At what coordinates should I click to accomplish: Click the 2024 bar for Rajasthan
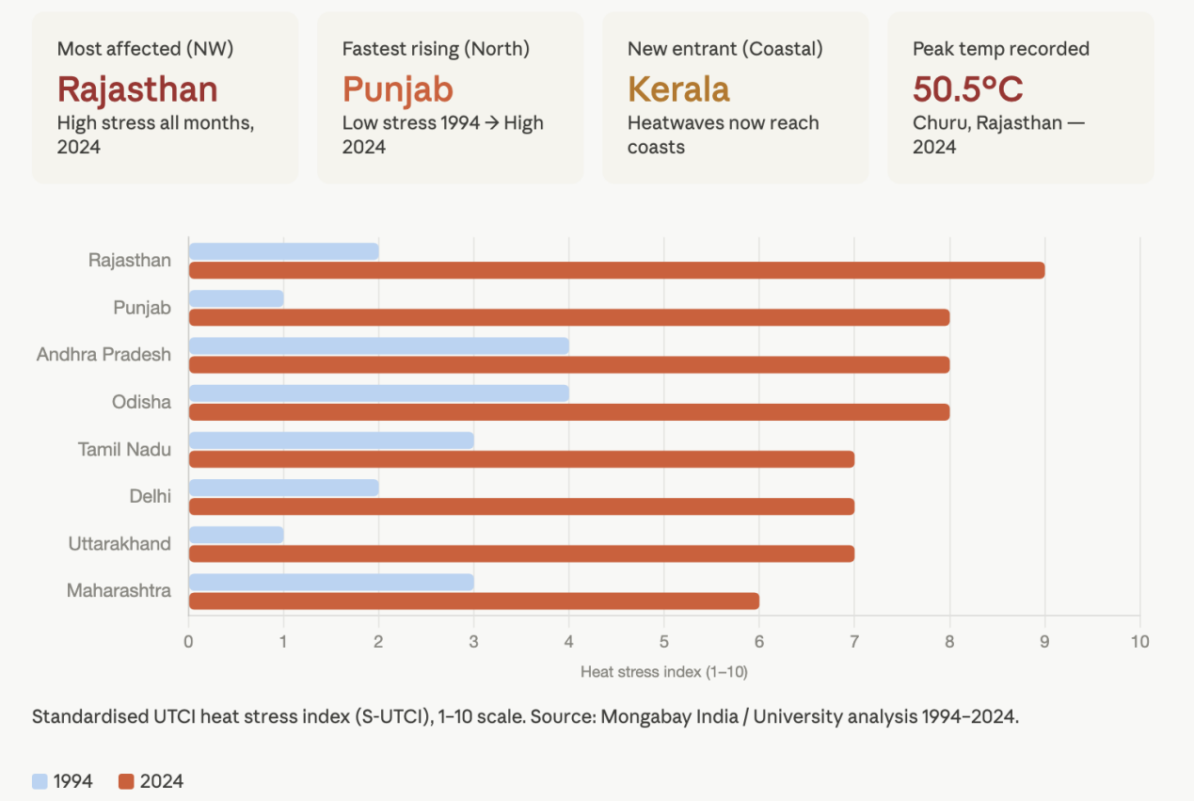click(x=616, y=270)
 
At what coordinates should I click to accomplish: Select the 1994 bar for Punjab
click(x=236, y=298)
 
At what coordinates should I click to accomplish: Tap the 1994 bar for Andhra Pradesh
click(x=378, y=345)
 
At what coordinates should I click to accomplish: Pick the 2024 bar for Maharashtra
click(x=473, y=601)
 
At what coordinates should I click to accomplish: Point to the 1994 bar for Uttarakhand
click(x=236, y=535)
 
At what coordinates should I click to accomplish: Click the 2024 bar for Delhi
click(x=521, y=506)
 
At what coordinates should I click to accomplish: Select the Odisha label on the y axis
click(x=141, y=402)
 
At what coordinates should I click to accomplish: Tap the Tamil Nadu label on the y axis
click(x=124, y=449)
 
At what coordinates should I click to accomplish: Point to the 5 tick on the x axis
click(x=664, y=642)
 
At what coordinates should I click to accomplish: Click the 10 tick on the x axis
click(x=1139, y=642)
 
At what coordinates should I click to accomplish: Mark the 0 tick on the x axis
click(x=189, y=642)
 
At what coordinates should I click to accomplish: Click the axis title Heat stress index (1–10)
click(x=663, y=671)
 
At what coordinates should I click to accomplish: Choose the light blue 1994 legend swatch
click(x=40, y=781)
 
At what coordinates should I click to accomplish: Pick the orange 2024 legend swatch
click(x=127, y=781)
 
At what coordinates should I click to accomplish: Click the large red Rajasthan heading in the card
click(x=137, y=89)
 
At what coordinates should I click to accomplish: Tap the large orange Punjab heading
click(x=397, y=89)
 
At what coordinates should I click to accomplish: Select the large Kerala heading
click(x=678, y=89)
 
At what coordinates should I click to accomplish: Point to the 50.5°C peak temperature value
click(x=968, y=89)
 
